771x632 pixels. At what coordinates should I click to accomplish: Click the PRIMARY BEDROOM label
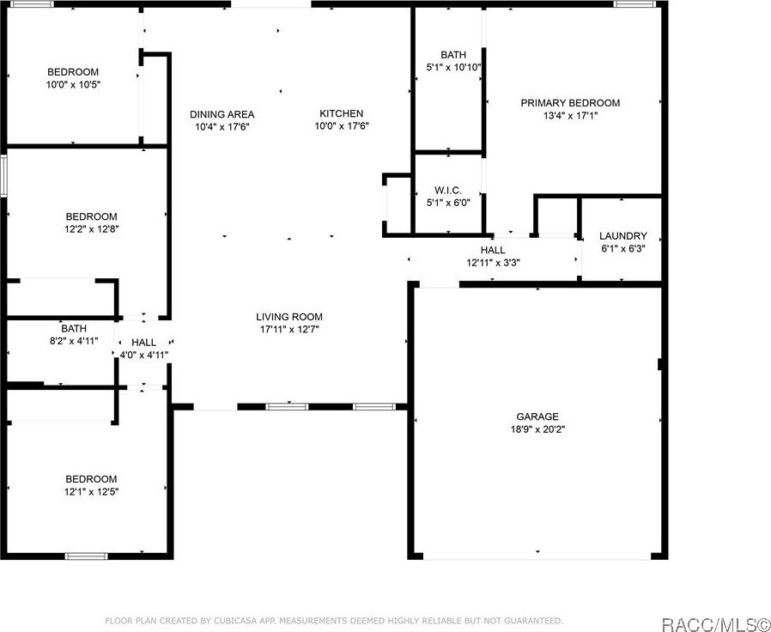pyautogui.click(x=570, y=103)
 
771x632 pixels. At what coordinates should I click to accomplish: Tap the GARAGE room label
pyautogui.click(x=537, y=416)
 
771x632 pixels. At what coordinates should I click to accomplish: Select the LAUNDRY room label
pyautogui.click(x=622, y=236)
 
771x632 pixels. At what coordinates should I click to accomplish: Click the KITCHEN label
pyautogui.click(x=341, y=113)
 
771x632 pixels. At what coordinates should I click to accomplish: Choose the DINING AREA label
pyautogui.click(x=222, y=114)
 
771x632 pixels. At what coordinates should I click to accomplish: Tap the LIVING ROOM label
pyautogui.click(x=289, y=317)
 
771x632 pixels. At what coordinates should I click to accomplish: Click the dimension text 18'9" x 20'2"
pyautogui.click(x=537, y=429)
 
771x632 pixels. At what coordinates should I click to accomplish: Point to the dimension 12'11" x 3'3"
pyautogui.click(x=493, y=263)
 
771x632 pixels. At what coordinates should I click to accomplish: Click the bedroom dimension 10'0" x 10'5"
pyautogui.click(x=73, y=84)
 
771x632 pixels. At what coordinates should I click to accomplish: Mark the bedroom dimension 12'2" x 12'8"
pyautogui.click(x=92, y=229)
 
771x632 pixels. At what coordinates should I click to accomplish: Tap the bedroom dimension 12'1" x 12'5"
pyautogui.click(x=91, y=491)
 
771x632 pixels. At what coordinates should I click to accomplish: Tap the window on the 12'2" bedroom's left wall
pyautogui.click(x=3, y=176)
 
